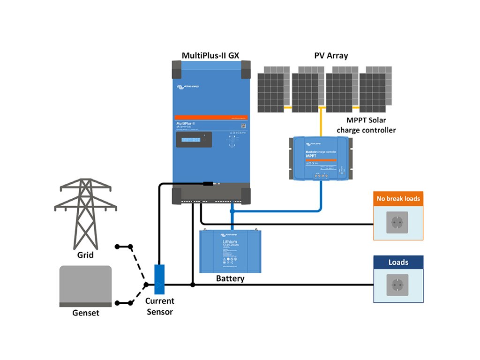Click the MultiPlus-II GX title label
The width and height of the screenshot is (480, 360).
pos(210,56)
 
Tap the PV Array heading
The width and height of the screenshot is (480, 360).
pos(331,56)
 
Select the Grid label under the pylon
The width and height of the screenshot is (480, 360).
pos(85,255)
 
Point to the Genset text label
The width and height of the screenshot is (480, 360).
pos(86,313)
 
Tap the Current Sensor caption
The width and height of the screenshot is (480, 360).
pos(159,306)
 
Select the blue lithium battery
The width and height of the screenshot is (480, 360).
pos(231,251)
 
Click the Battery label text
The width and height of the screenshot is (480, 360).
pos(230,278)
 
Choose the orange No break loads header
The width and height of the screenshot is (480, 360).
pos(398,198)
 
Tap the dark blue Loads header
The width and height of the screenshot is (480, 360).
pos(398,262)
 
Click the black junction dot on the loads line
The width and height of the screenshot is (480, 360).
pos(193,285)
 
